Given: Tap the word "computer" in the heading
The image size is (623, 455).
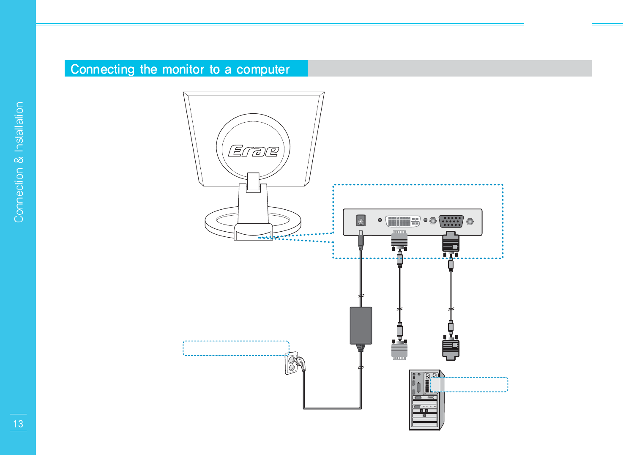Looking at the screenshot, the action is [263, 69].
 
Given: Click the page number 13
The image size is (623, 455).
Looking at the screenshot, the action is [18, 424].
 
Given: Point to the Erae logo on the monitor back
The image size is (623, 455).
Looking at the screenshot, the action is [253, 151].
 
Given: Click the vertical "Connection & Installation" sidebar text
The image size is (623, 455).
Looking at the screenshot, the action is [19, 162].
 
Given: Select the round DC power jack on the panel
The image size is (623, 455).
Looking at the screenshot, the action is [361, 220].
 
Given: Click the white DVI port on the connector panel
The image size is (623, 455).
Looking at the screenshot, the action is [402, 221].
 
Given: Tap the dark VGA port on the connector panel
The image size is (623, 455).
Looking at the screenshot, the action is [451, 221].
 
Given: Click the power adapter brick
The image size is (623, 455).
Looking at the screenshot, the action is [361, 325].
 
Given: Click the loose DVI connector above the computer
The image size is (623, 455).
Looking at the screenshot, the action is [399, 350].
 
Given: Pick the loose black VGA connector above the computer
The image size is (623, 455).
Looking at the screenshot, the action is [451, 349].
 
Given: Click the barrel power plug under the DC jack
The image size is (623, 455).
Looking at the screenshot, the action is [361, 240].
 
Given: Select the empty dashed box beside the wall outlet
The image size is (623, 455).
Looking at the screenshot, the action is [235, 348].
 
